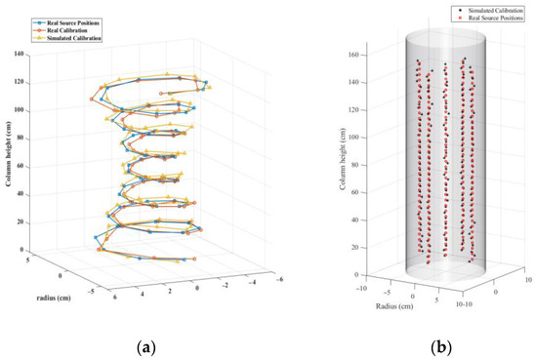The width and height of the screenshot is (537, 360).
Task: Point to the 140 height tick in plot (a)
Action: coord(18,55)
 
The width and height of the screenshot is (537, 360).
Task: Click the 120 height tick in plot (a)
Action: coord(18,82)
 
